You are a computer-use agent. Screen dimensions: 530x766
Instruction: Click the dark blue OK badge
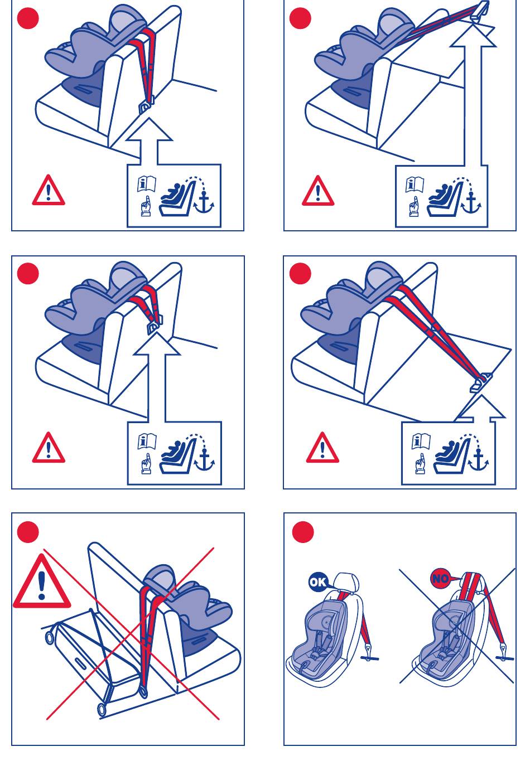click(317, 581)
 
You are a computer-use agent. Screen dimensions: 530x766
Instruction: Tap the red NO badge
click(440, 578)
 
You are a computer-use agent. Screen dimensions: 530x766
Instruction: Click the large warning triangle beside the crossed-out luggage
click(42, 581)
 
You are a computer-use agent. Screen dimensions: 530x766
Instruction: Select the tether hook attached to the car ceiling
click(480, 10)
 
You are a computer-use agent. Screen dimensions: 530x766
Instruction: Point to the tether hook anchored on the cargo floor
click(481, 382)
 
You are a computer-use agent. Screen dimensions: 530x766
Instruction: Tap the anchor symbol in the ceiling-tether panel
click(471, 203)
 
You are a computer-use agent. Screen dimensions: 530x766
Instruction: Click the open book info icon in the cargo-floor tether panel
click(421, 441)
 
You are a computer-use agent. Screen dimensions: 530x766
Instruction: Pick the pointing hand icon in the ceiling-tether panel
click(414, 206)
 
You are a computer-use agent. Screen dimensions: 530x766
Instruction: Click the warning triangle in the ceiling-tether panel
click(318, 191)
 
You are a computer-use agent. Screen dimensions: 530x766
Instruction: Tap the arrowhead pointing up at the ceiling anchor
click(473, 34)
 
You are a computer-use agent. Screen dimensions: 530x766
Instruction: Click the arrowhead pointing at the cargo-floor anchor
click(482, 406)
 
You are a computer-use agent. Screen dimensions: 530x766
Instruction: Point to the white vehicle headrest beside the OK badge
click(346, 584)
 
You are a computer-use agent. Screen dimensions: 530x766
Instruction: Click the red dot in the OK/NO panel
click(303, 532)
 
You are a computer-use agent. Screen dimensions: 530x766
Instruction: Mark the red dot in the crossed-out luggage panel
click(28, 532)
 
